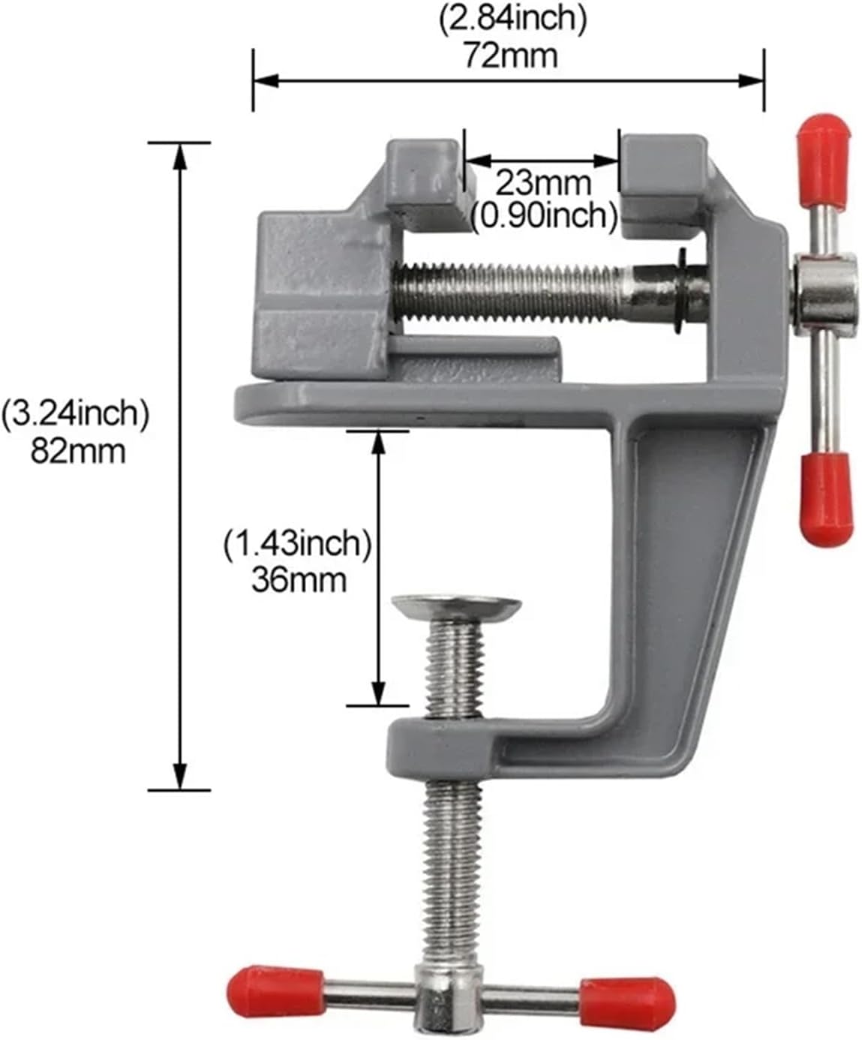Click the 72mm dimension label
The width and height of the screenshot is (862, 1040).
point(509,55)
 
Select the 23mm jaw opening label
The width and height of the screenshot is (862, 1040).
point(542,182)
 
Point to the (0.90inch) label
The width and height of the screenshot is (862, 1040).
point(545,216)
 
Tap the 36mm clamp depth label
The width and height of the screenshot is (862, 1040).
point(299,579)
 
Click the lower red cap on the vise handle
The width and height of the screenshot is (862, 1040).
point(824,498)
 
